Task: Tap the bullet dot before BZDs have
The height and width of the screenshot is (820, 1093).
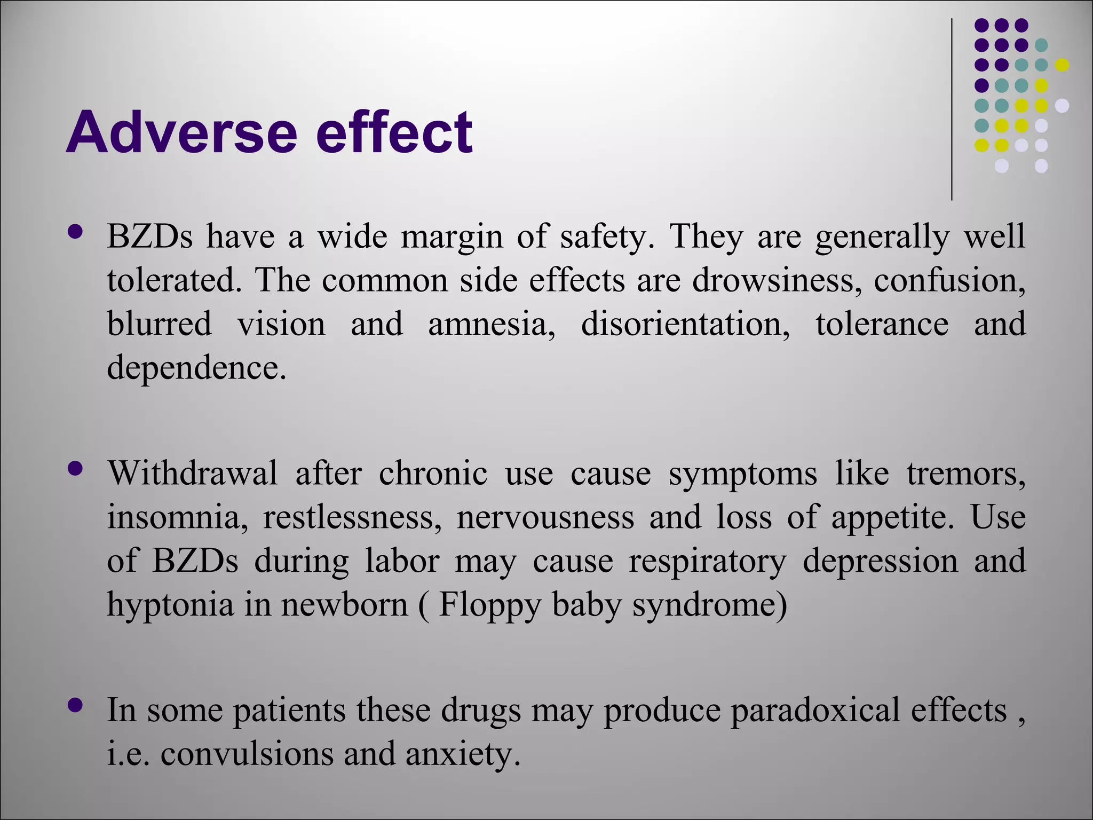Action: click(76, 232)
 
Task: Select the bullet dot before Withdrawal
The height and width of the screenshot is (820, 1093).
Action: click(76, 469)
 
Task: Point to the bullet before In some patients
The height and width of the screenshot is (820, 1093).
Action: click(76, 705)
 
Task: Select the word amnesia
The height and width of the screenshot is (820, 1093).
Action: click(491, 325)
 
